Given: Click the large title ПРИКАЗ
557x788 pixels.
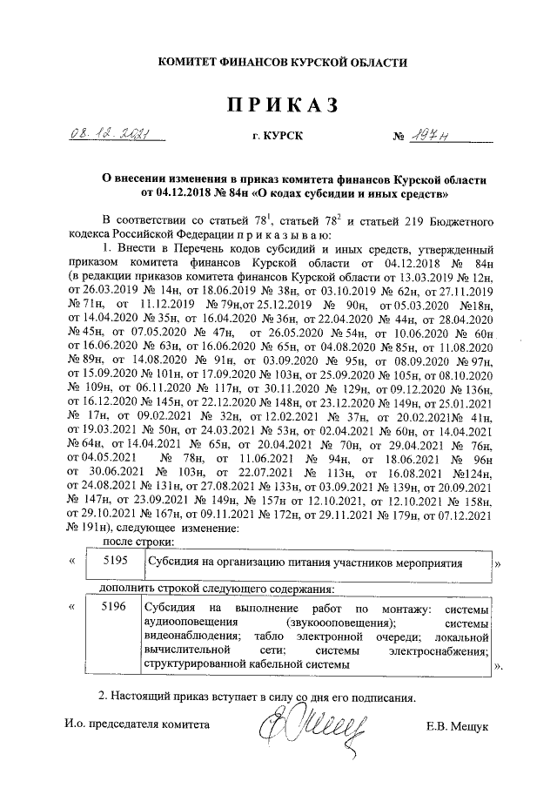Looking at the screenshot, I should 281,105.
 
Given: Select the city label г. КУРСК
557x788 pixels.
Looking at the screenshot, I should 278,138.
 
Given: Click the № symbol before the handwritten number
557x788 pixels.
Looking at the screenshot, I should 400,138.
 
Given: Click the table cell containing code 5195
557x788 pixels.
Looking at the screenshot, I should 115,562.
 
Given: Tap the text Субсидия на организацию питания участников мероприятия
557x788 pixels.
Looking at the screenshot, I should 304,562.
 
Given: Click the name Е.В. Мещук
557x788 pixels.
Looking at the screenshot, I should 459,725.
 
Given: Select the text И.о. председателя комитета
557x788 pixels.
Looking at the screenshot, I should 137,725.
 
